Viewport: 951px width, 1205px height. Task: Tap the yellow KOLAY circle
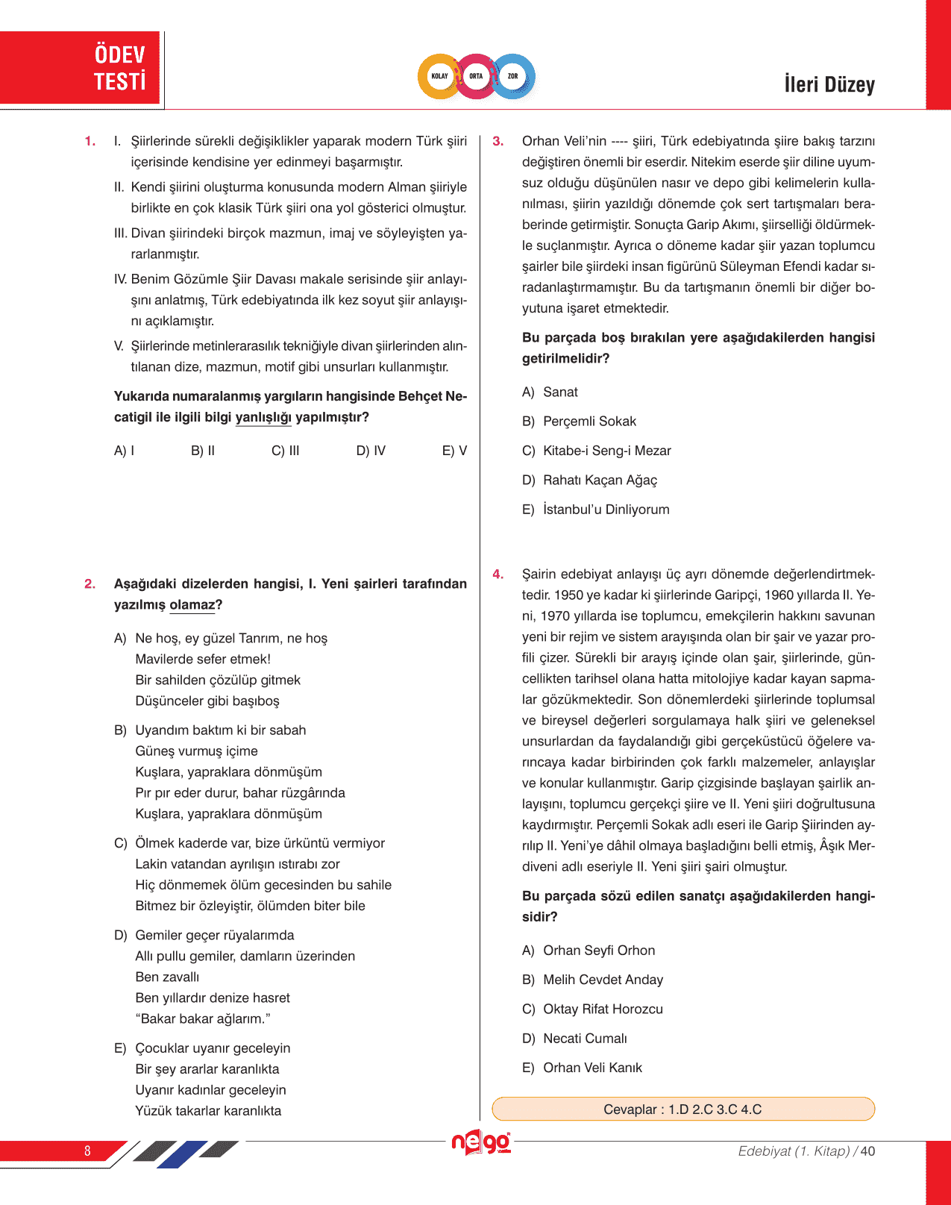click(439, 76)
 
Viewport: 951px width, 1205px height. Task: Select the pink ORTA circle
click(476, 76)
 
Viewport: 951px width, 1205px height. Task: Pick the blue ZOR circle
click(513, 76)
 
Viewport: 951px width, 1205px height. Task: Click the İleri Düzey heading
click(829, 84)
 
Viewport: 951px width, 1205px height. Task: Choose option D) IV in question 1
click(371, 451)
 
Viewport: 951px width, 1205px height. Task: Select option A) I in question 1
click(124, 451)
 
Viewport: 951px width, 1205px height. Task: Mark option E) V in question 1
click(454, 451)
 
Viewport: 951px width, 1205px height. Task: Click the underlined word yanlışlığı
click(263, 417)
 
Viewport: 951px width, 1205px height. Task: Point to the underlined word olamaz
click(192, 605)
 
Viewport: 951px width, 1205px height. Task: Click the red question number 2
click(90, 584)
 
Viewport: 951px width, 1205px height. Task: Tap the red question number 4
click(498, 575)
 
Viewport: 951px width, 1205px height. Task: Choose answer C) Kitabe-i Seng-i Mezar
click(597, 451)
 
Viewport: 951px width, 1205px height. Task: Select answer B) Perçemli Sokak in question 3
click(580, 422)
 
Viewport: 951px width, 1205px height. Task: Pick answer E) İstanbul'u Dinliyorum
click(596, 510)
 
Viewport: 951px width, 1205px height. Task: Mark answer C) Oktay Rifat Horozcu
click(592, 1010)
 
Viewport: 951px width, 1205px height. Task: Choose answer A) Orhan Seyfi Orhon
click(589, 951)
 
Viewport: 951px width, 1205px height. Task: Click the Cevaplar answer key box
click(682, 1109)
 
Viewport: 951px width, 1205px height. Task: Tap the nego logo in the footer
click(481, 1142)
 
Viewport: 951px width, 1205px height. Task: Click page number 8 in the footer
click(87, 1151)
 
